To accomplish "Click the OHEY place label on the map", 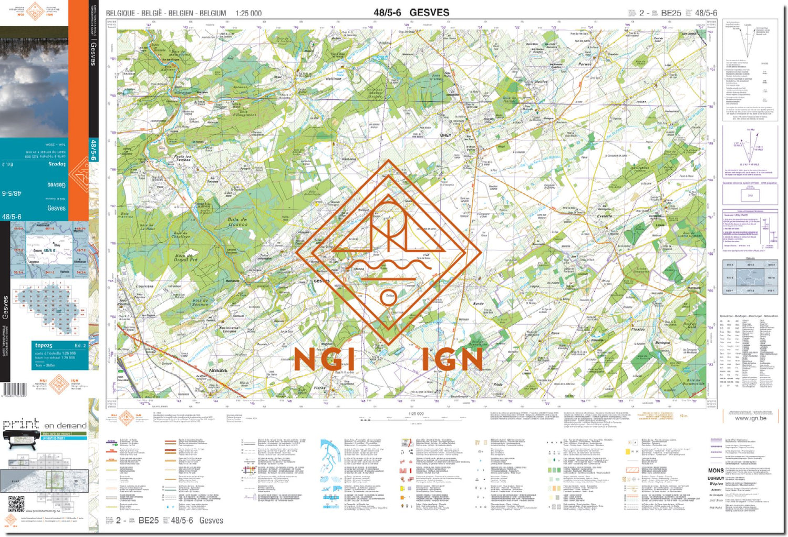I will coord(445,135).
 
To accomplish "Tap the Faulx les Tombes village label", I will coord(183,158).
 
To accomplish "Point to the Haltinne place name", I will coord(334,79).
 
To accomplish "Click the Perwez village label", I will coord(585,64).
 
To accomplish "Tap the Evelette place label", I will coord(605,215).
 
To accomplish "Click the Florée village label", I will coord(319,388).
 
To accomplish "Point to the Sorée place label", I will coord(478,303).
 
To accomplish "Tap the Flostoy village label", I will coord(638,329).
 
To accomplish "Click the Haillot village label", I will coord(541,82).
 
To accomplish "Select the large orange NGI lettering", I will coord(324,360).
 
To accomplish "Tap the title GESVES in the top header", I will coord(429,12).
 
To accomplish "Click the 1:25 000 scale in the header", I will coord(248,13).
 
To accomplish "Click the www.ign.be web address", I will coord(750,418).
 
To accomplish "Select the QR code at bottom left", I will coord(16,504).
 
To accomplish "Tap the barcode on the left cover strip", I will coord(14,390).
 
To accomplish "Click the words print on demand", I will coord(45,425).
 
